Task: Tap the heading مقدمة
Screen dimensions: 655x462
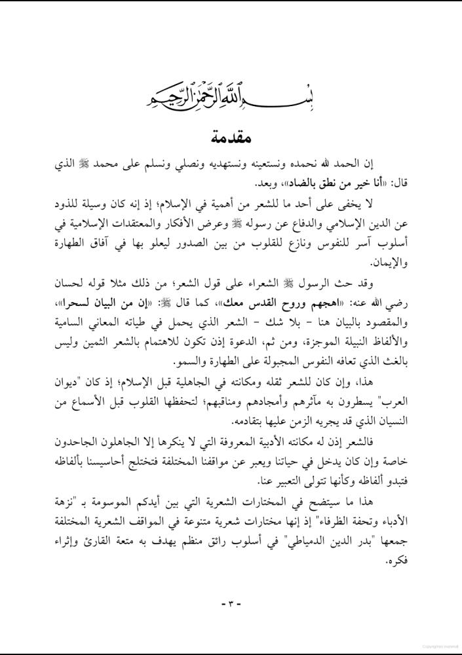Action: (x=231, y=139)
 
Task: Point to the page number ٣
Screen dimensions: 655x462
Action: (x=231, y=603)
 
